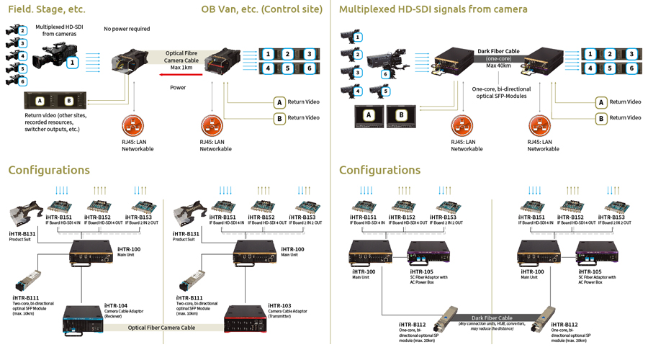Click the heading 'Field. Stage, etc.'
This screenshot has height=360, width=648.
(46, 10)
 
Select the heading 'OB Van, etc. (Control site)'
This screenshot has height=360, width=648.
(262, 10)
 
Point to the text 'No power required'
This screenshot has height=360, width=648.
(127, 29)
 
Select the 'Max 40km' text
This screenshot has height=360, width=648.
(498, 66)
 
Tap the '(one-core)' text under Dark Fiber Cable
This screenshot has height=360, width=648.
(498, 58)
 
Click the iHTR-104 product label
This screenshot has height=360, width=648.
(116, 306)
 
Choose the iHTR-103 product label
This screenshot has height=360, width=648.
(279, 306)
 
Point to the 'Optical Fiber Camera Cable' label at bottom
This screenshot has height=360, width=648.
(161, 328)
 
